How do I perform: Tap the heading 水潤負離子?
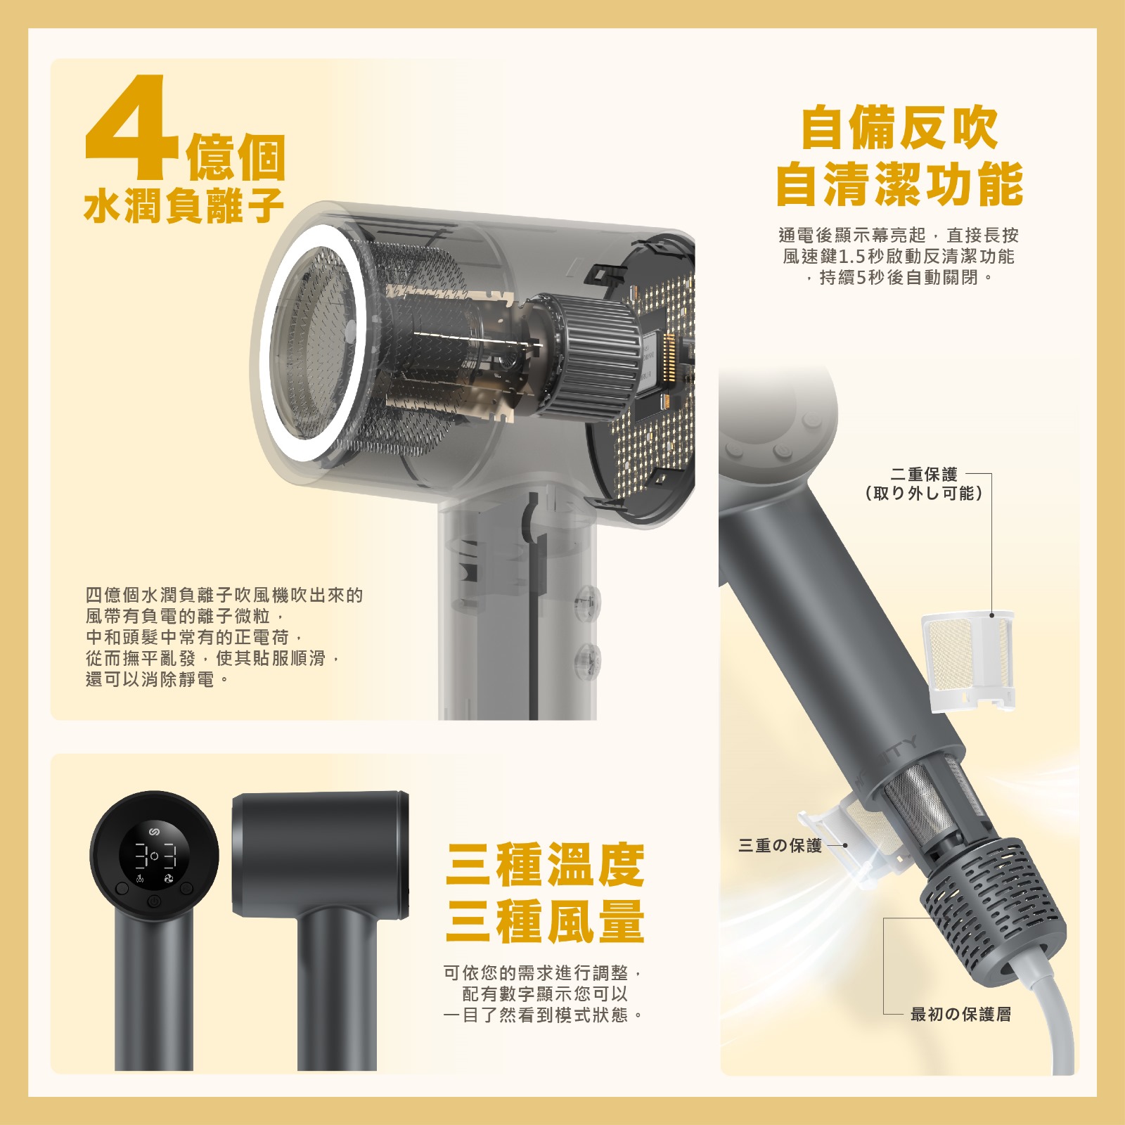click(x=184, y=205)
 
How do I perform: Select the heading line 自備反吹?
click(x=899, y=128)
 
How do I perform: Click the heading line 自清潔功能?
click(x=899, y=184)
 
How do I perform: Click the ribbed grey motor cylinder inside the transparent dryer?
click(x=587, y=358)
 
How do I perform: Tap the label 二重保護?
click(x=924, y=475)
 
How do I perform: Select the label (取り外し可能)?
click(x=924, y=494)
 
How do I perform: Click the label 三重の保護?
click(x=780, y=845)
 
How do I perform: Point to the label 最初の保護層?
click(x=960, y=1014)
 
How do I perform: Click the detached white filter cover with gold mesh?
click(x=969, y=661)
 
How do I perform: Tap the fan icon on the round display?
click(x=169, y=880)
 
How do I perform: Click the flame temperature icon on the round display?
click(x=139, y=880)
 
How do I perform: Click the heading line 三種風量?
click(x=545, y=921)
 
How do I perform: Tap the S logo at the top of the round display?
click(x=155, y=832)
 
